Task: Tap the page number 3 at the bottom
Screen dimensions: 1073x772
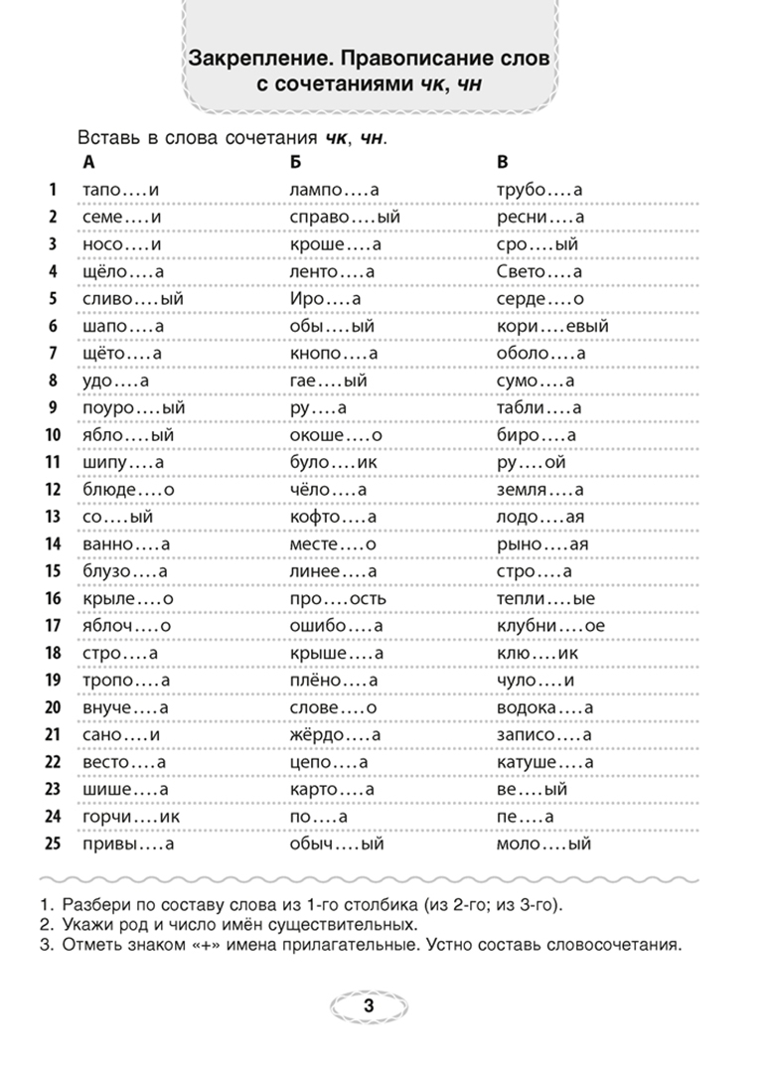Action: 369,1006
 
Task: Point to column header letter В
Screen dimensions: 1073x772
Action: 502,162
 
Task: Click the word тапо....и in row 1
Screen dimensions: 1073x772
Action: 118,190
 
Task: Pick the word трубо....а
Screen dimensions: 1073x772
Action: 539,190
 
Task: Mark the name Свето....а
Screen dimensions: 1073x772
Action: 539,271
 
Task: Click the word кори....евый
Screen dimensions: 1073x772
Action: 551,325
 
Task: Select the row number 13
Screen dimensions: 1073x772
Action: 54,517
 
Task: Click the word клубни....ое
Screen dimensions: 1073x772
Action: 550,626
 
